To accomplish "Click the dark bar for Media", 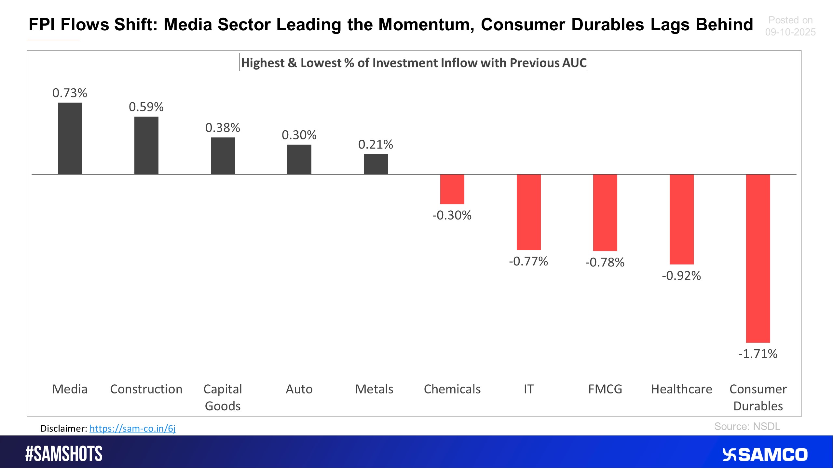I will tap(70, 138).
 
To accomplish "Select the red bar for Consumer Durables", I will tap(758, 258).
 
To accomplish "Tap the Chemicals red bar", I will tap(452, 189).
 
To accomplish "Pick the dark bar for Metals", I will tap(376, 164).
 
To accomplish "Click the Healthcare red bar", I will tap(681, 219).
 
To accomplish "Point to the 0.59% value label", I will tap(146, 107).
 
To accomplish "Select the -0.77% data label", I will tap(528, 261).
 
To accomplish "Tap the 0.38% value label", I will tap(223, 128).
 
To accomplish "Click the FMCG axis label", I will tap(605, 389).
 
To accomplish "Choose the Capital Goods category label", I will tap(223, 397).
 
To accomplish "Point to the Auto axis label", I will tap(299, 389).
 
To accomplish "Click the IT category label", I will tap(528, 389).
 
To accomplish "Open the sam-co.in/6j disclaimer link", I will tap(132, 428).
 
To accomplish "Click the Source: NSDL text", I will tap(747, 426).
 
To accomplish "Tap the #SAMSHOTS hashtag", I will tap(64, 454).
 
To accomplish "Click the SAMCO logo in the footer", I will tap(765, 455).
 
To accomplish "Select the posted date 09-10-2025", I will tap(790, 32).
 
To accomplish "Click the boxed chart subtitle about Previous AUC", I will tap(414, 63).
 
